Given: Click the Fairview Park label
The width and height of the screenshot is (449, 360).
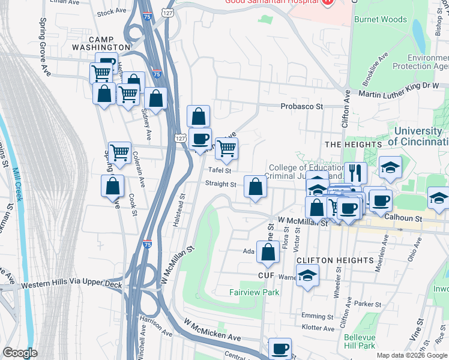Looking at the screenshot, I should click(255, 293).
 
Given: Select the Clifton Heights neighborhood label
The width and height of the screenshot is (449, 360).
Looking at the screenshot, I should click(335, 260).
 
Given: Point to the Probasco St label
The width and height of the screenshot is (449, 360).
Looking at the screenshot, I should click(302, 106).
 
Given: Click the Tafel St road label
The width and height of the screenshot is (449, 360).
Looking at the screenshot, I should click(220, 171).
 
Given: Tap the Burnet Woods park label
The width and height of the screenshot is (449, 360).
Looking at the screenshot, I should click(380, 20).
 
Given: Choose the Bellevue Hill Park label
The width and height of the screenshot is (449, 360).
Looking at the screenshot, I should click(360, 341).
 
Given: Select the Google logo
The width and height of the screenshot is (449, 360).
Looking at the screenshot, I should click(20, 353).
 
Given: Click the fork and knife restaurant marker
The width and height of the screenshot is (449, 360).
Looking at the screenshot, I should click(355, 173).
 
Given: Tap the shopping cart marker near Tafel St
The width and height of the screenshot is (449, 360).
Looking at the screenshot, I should click(226, 148).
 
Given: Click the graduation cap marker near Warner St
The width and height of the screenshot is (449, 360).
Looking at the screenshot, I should click(308, 275).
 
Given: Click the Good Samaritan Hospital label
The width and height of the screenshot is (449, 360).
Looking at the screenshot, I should click(271, 1).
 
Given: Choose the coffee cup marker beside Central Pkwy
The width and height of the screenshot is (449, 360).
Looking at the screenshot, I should click(280, 349).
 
